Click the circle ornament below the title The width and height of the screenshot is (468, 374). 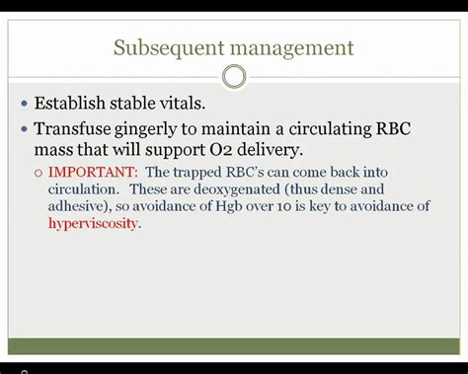pos(234,76)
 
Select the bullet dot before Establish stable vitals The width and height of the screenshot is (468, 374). pos(24,104)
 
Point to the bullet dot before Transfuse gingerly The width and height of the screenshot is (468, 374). pos(24,129)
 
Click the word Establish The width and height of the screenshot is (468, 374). pos(74,103)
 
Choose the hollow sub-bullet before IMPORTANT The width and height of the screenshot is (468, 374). pos(39,172)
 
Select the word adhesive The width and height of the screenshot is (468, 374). pos(78,205)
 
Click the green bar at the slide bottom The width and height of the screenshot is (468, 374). pos(234,345)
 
